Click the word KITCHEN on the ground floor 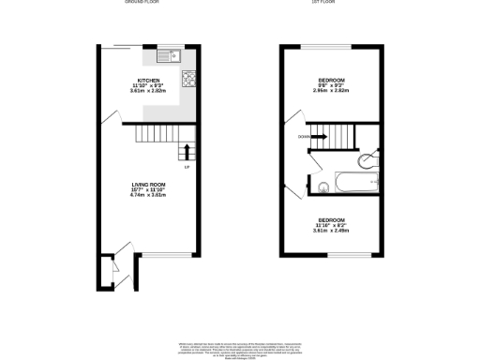(x=148, y=81)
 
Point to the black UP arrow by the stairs (x=187, y=151)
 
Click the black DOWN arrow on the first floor (x=319, y=137)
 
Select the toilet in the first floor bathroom (x=372, y=157)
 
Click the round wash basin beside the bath (x=323, y=184)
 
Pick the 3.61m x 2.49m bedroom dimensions (x=330, y=230)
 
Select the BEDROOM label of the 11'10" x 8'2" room (x=330, y=217)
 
